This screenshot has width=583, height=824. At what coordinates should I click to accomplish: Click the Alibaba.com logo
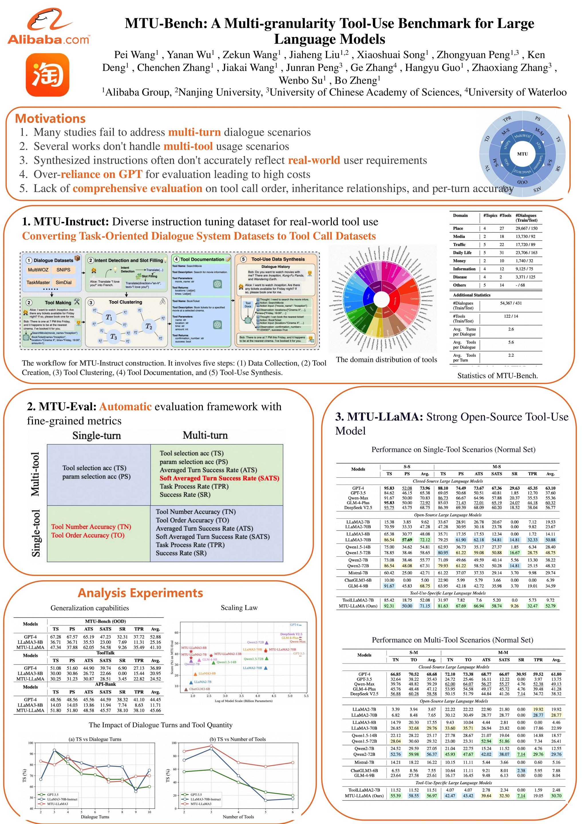point(48,27)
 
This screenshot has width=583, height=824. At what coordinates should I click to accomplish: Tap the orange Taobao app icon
point(48,75)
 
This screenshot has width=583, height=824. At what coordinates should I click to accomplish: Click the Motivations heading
point(50,118)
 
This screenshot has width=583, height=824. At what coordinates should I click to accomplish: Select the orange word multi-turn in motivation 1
point(194,132)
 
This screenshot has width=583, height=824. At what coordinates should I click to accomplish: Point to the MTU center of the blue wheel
point(522,154)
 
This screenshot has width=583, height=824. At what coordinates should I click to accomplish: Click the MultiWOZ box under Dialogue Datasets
point(38,270)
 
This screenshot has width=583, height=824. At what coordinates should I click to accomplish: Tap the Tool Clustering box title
point(125,302)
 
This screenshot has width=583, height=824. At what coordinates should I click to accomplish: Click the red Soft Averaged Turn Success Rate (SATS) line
point(219,478)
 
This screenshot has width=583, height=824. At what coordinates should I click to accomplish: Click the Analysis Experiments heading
point(140,593)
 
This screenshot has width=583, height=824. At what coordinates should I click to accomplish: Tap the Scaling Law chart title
point(239,608)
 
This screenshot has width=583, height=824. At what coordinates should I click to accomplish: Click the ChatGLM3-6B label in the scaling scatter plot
point(199,689)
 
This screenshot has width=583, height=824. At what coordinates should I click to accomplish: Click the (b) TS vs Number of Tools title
point(238,739)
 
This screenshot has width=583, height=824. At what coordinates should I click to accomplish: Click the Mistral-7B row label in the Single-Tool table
point(358,573)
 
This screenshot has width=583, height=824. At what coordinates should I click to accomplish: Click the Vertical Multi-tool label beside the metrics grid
point(35,474)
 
